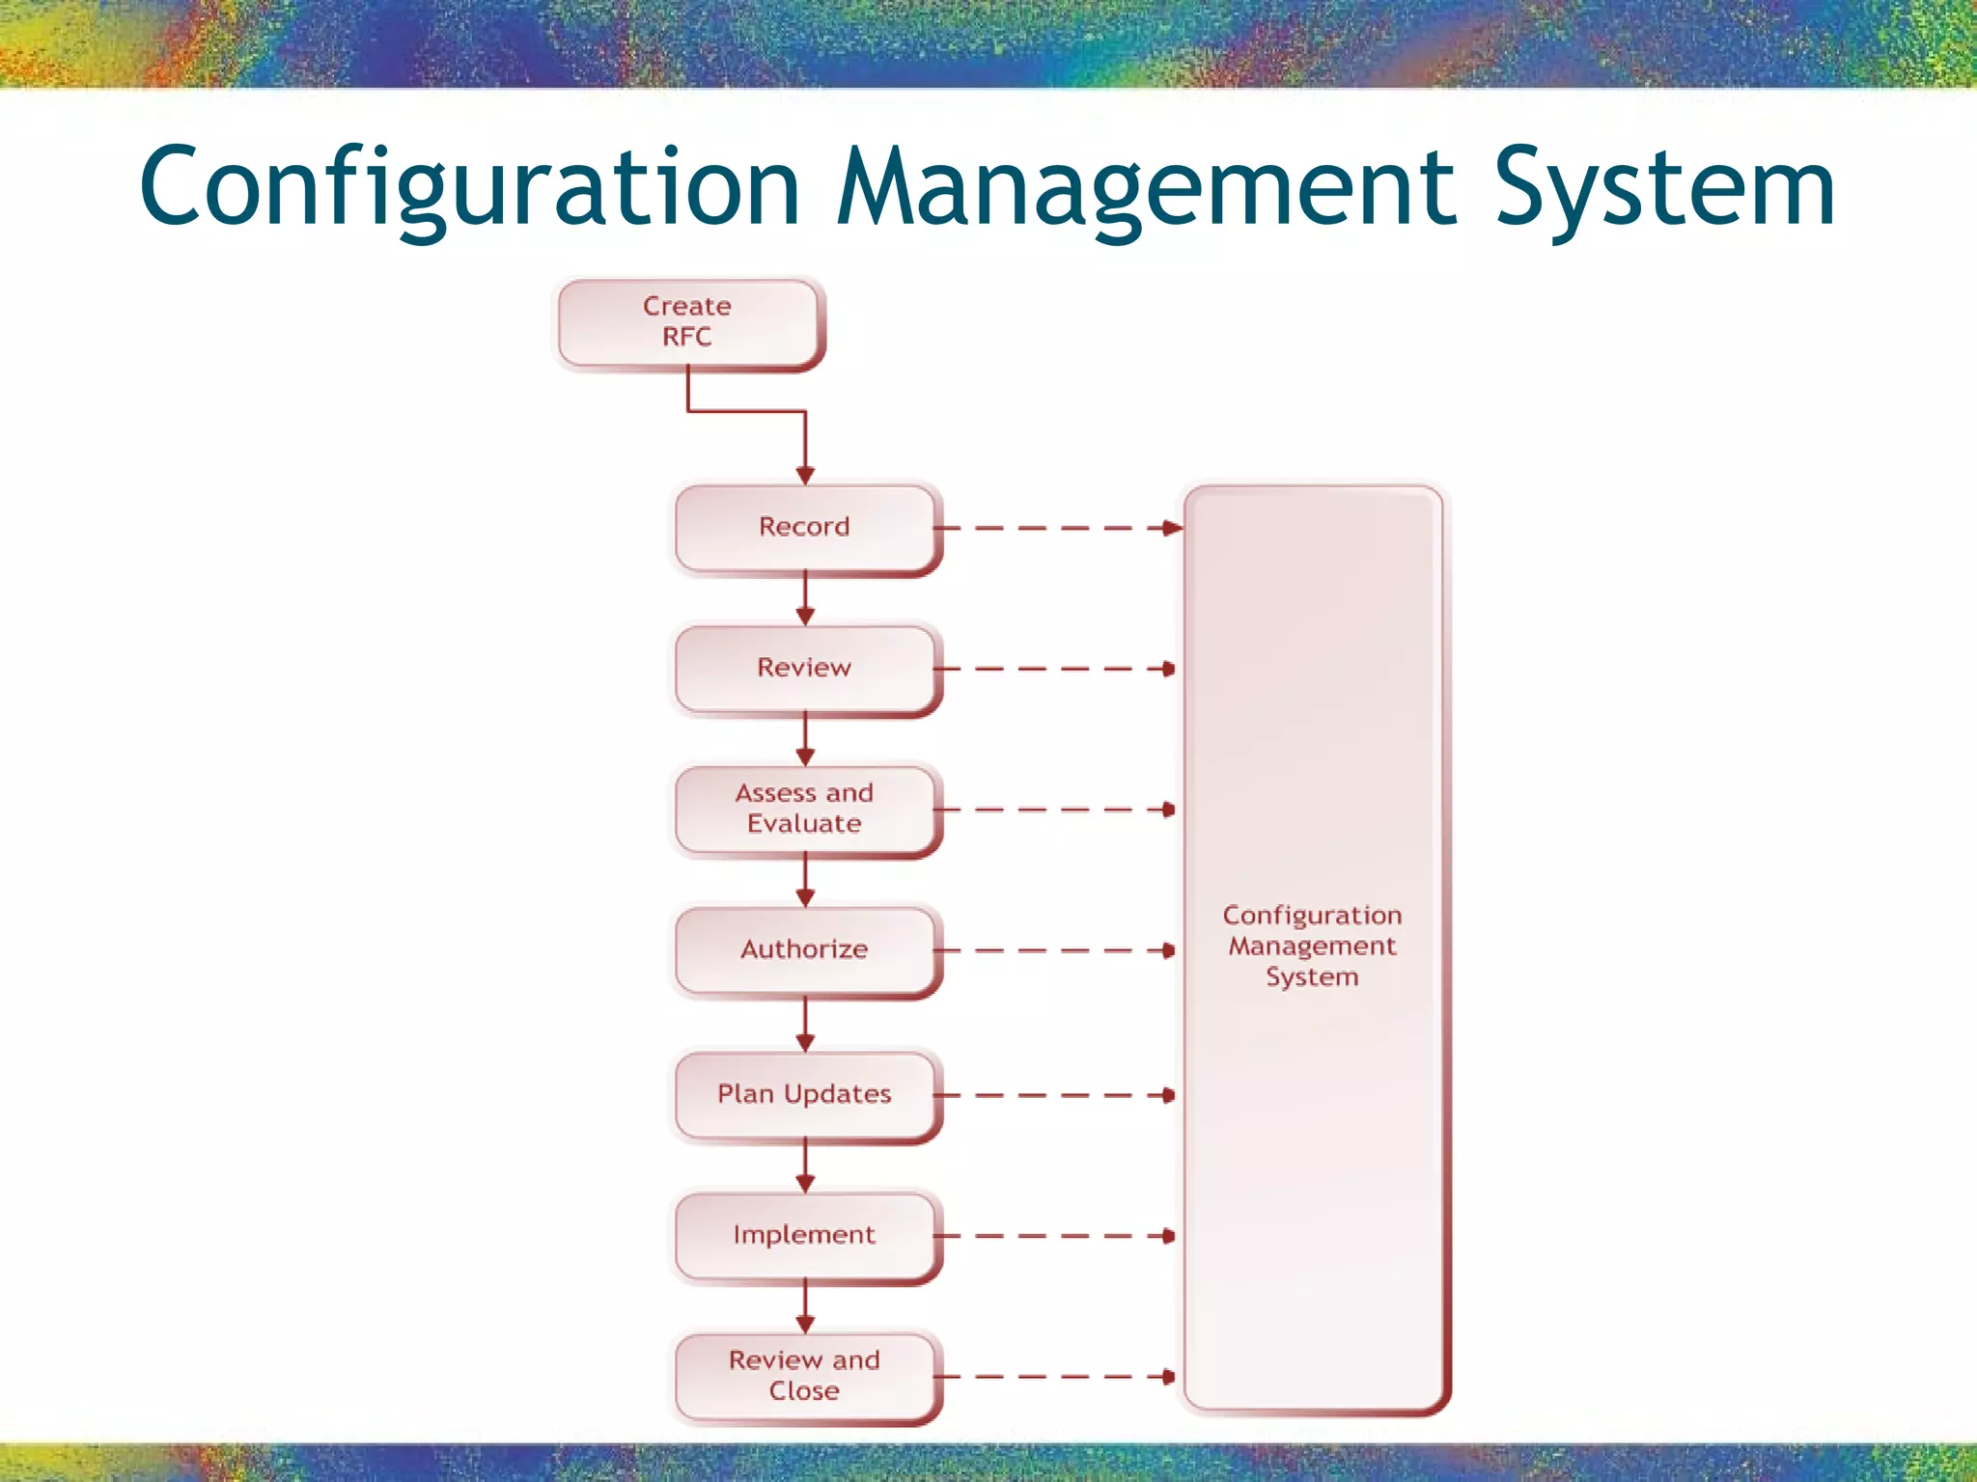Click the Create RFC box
(687, 322)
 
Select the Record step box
(804, 527)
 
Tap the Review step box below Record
(804, 668)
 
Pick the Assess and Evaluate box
(804, 809)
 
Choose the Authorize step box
(804, 949)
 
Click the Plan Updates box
(804, 1094)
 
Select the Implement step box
(804, 1235)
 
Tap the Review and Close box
(804, 1376)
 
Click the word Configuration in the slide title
(470, 188)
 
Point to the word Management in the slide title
(1147, 188)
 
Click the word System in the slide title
(1664, 188)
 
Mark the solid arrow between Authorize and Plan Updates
(805, 1025)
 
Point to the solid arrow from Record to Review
(805, 598)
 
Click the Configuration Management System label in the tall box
(1312, 946)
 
